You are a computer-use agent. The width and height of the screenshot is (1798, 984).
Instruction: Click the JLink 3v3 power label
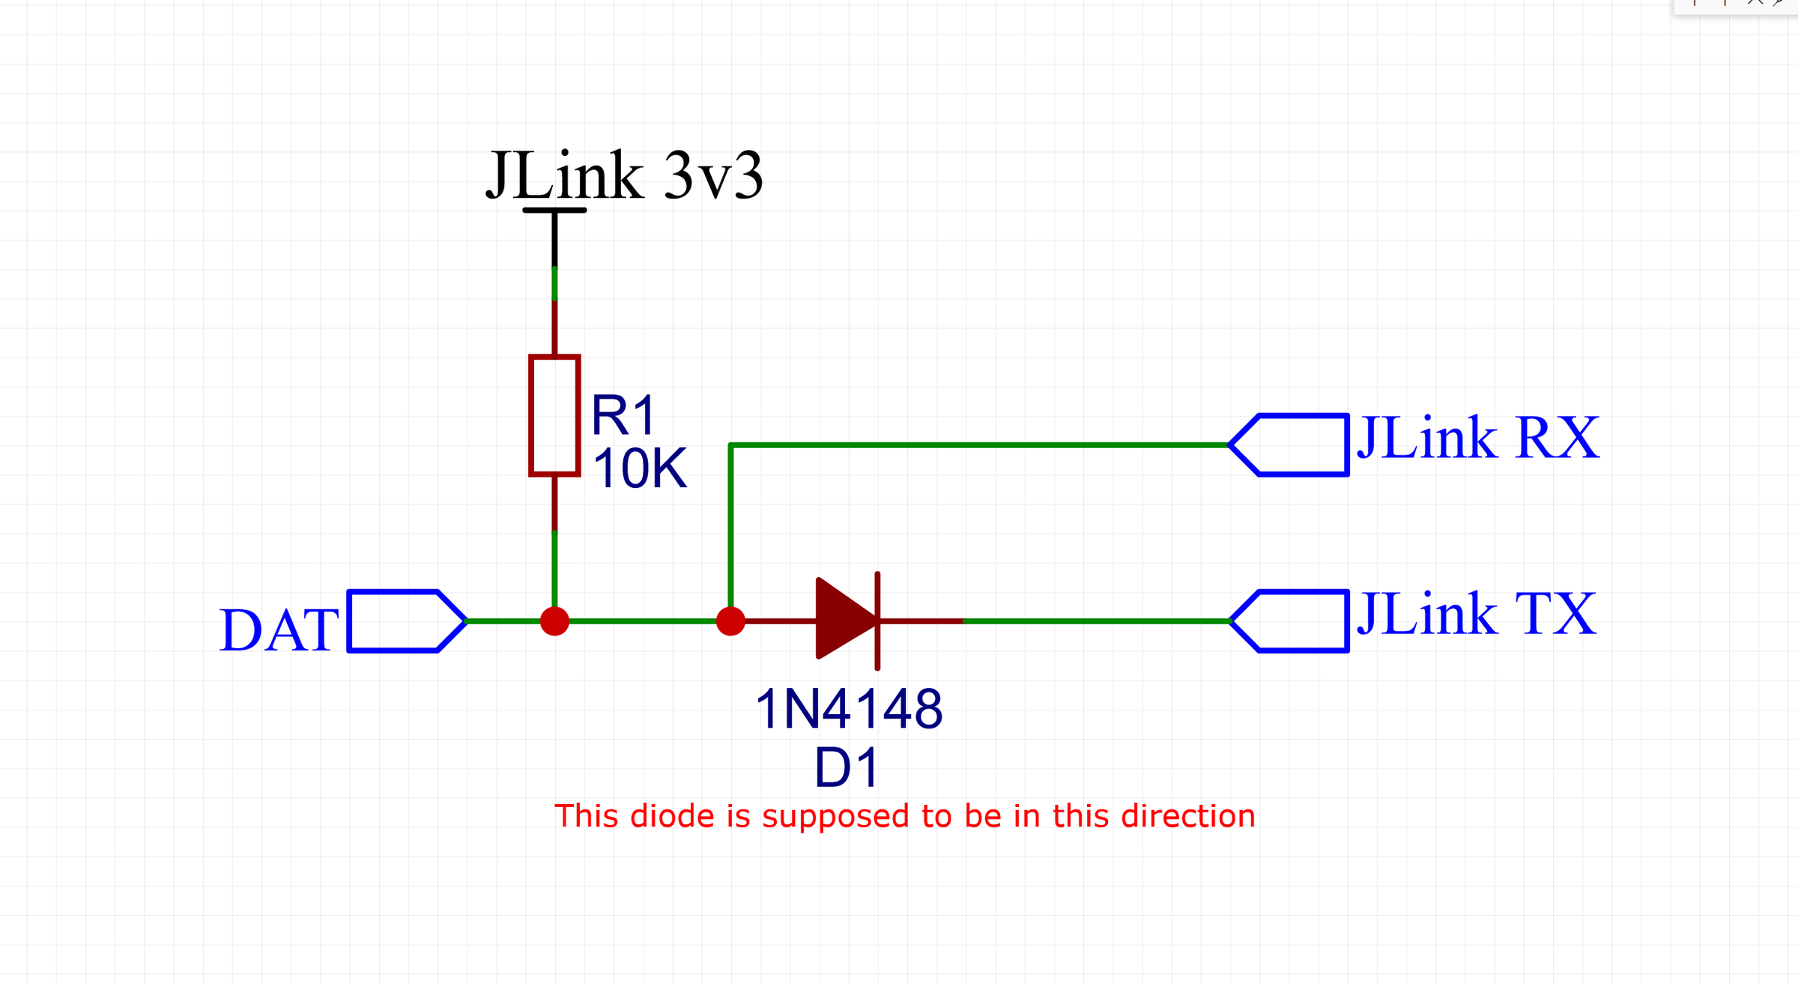click(x=625, y=176)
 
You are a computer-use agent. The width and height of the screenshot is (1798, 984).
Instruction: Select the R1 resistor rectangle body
click(x=554, y=415)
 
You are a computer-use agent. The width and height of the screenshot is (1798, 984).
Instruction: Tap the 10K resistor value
click(x=639, y=469)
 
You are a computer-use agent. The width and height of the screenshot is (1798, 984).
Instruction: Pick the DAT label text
click(x=279, y=630)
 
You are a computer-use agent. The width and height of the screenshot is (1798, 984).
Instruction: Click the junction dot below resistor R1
click(x=554, y=621)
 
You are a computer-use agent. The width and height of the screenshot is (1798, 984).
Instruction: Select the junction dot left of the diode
click(x=730, y=621)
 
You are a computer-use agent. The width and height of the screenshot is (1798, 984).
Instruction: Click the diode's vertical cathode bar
click(x=877, y=621)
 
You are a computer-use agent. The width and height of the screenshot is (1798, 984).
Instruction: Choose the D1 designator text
click(x=846, y=768)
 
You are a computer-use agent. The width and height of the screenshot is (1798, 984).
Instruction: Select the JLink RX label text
click(x=1478, y=438)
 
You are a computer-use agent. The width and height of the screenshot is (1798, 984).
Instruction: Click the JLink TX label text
click(x=1477, y=615)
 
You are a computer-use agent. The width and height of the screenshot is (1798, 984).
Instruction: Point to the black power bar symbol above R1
click(x=554, y=211)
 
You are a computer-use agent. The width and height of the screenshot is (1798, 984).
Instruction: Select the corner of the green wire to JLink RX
click(x=730, y=445)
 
